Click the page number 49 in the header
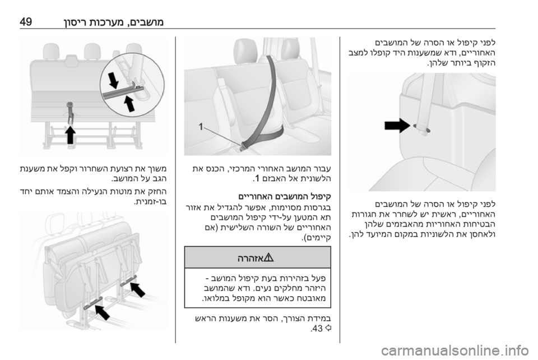pos(26,22)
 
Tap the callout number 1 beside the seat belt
pos(201,127)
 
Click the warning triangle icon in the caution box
pos(268,257)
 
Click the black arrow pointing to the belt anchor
pos(397,125)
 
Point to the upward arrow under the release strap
pos(71,135)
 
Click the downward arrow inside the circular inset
pos(113,80)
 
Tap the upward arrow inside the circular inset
pos(129,104)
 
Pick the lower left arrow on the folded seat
pos(102,312)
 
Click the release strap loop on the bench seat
pos(70,111)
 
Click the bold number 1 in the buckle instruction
pos(254,179)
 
